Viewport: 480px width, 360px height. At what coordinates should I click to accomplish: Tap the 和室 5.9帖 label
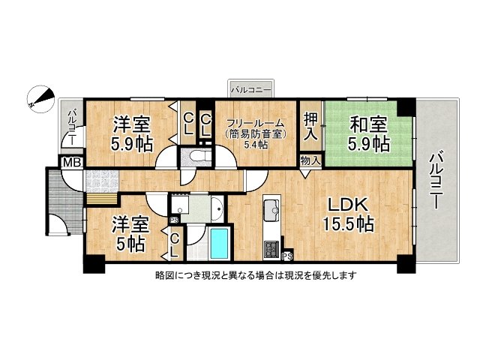pos(367,133)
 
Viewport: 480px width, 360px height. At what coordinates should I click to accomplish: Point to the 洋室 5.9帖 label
pos(133,132)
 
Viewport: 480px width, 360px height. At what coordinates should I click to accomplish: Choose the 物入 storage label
pos(310,160)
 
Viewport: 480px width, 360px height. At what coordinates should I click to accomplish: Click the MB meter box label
pos(71,162)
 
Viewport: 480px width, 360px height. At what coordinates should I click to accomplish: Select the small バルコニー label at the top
pos(251,90)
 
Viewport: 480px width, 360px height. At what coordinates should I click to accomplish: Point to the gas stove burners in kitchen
pos(271,247)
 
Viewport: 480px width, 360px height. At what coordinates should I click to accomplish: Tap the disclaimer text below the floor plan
pos(255,275)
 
